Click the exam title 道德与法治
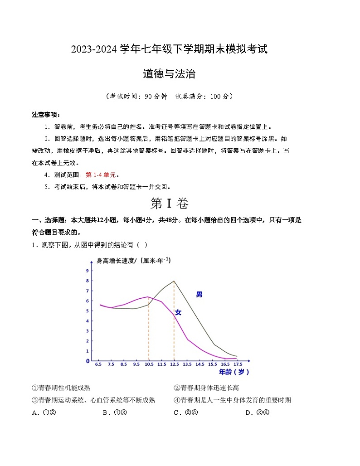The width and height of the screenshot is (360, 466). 169,74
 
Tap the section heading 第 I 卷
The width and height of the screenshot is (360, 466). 169,204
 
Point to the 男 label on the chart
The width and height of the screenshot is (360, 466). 199,295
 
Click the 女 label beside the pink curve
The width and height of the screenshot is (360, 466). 178,312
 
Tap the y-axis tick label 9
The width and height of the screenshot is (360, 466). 87,271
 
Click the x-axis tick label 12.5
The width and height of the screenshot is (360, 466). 174,364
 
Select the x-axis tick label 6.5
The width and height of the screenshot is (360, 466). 98,364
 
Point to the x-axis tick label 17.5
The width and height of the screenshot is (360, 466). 238,364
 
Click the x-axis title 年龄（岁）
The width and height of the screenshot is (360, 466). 234,372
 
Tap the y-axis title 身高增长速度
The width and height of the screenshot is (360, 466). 117,261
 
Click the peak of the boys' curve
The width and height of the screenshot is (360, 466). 174,281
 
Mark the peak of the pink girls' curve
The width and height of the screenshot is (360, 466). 148,297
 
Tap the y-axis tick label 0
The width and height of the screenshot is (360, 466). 88,361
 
